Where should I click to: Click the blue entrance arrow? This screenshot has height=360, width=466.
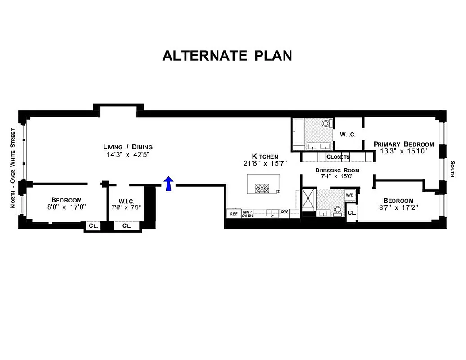coord(168,184)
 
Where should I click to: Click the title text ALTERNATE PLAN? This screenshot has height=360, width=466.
coord(227,55)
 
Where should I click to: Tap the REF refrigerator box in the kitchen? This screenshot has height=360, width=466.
coord(233,214)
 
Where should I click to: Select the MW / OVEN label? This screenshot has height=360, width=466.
coord(247,214)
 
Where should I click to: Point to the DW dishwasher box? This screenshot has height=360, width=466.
coord(285,211)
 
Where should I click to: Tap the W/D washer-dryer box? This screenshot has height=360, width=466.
coord(350,195)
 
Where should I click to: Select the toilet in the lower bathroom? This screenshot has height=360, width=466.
coord(337,210)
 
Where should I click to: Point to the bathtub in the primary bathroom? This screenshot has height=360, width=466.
coord(298,134)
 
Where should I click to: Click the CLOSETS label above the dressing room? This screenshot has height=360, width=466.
coord(338,157)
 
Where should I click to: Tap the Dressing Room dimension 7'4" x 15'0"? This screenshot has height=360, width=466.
coord(337,177)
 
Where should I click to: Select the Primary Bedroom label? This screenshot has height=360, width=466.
coord(404,144)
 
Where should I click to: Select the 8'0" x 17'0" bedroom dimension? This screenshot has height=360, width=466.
coord(66,207)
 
